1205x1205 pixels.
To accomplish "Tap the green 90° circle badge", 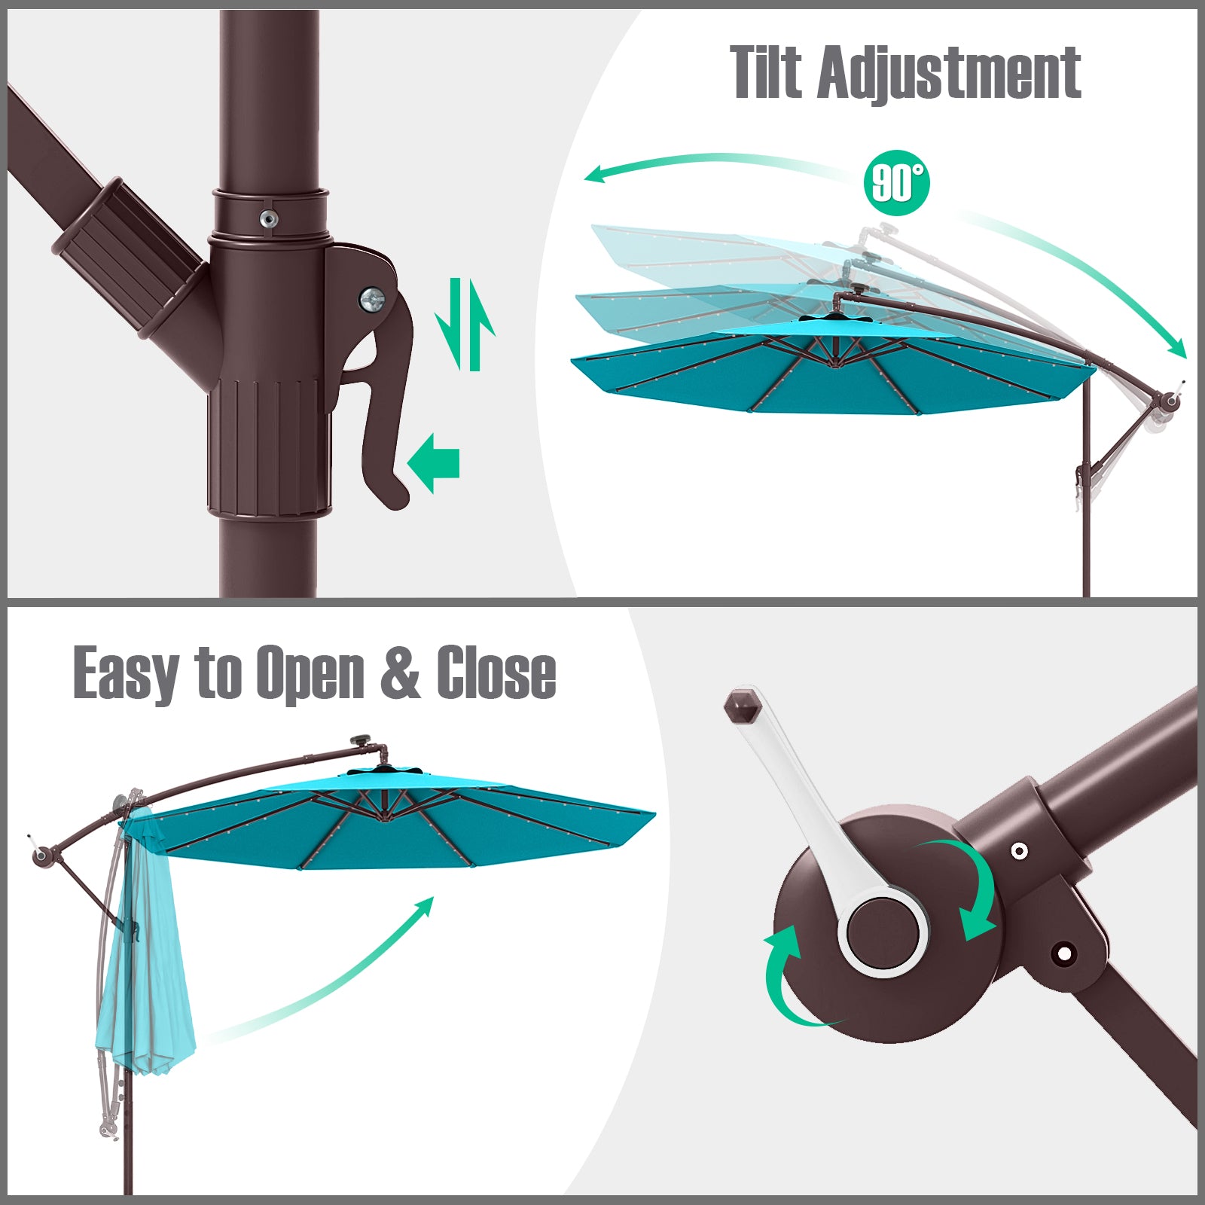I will tap(896, 183).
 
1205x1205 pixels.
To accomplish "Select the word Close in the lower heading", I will tap(496, 673).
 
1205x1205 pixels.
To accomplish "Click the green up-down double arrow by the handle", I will tap(465, 324).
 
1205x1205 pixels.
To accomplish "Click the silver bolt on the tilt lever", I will tap(371, 300).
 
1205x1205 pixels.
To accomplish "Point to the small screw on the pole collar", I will tap(269, 218).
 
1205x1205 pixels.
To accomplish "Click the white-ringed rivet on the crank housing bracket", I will tap(1019, 851).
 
